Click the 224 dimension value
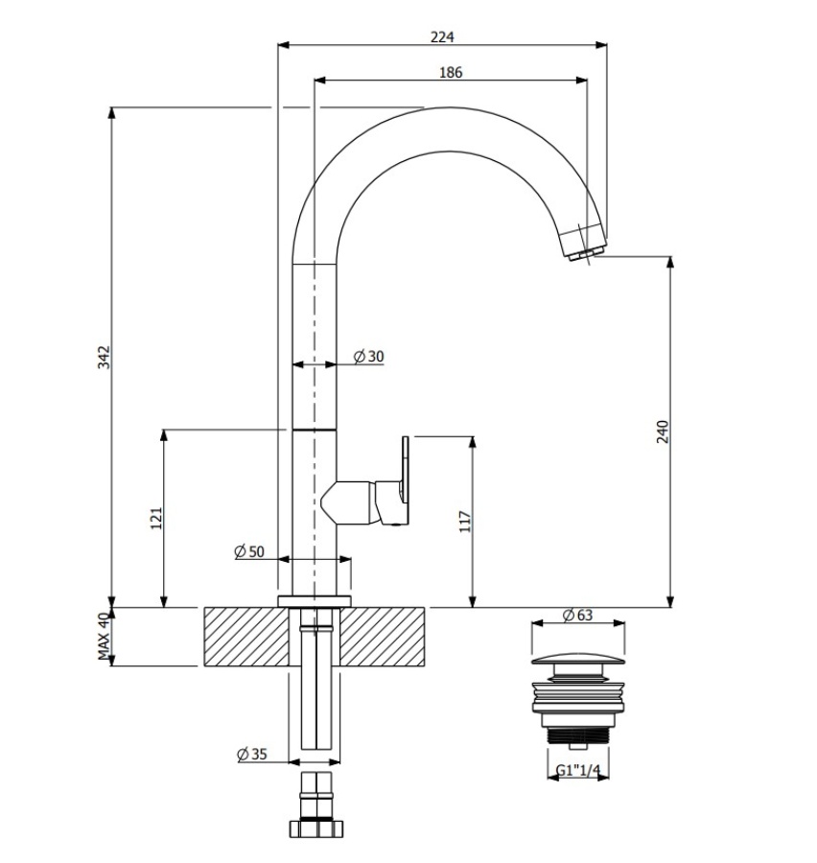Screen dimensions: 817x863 (442, 36)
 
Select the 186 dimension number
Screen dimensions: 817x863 (451, 72)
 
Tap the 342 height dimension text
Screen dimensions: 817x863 (105, 358)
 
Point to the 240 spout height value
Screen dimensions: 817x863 (663, 432)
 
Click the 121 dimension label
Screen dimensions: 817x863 (157, 519)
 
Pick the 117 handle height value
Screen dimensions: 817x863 (465, 522)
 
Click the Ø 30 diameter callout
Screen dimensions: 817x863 (368, 357)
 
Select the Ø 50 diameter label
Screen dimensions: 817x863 (249, 551)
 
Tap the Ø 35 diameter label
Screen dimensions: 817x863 (252, 754)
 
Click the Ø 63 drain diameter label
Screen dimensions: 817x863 (577, 615)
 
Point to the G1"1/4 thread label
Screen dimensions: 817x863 (577, 771)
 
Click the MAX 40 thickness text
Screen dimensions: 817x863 (105, 637)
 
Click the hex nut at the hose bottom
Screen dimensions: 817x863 (316, 828)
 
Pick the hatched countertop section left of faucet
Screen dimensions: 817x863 (246, 637)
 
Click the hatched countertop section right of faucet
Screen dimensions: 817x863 (382, 637)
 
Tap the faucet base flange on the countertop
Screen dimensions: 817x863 (315, 601)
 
